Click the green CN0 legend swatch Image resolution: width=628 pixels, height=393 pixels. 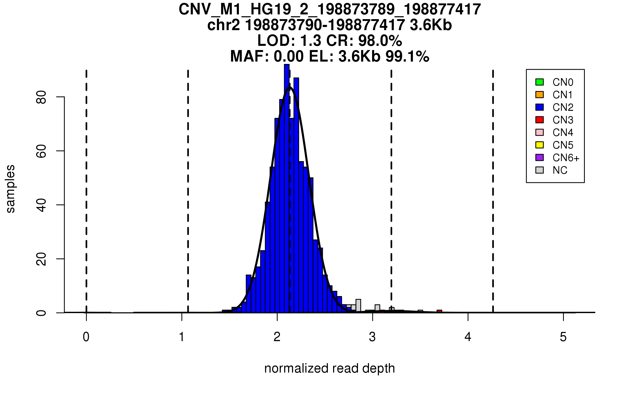(540, 82)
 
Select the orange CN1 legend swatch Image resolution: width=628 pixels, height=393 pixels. (540, 95)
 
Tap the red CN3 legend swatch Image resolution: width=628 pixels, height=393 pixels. (540, 120)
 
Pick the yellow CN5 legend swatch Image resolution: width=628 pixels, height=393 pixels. (540, 145)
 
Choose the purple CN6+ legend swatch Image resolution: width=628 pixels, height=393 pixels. (540, 157)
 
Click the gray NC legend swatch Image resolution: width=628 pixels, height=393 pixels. (540, 170)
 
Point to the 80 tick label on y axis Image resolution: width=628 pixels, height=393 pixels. (41, 97)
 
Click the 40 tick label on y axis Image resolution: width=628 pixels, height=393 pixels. (41, 205)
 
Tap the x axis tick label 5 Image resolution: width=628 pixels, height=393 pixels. (563, 337)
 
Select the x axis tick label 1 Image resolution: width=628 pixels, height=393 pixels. (182, 337)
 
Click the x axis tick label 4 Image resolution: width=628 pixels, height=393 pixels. (468, 337)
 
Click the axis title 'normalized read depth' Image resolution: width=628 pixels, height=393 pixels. (329, 368)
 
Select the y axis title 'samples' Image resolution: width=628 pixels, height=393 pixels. (10, 189)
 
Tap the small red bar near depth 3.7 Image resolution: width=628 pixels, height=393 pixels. (439, 311)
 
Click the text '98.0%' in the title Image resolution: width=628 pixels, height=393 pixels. (380, 41)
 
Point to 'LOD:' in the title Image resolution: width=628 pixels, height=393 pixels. (276, 41)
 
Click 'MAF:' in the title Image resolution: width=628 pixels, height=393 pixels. (250, 56)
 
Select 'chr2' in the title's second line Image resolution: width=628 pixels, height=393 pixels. (223, 25)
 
